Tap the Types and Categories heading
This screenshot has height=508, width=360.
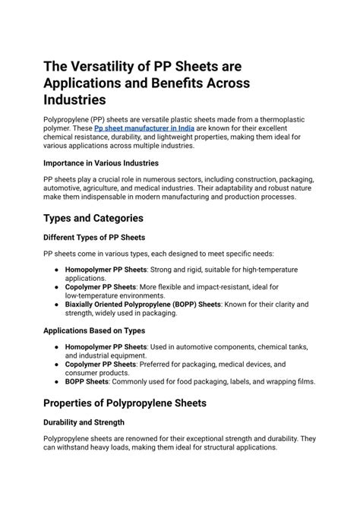[x=93, y=218]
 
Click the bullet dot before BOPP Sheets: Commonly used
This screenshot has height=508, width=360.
[x=58, y=383]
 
